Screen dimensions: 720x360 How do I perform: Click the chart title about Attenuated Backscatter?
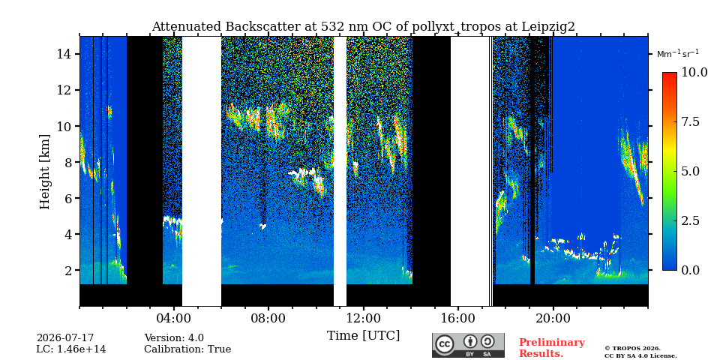click(363, 27)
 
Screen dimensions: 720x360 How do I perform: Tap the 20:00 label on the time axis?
click(553, 318)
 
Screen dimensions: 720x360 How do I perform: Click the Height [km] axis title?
click(44, 172)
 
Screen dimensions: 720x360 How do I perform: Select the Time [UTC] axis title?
click(363, 336)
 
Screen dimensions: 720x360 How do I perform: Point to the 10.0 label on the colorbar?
click(694, 73)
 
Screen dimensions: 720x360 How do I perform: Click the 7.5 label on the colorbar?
click(690, 122)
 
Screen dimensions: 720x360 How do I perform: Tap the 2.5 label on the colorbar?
click(690, 220)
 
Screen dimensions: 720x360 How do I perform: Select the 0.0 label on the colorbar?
click(690, 271)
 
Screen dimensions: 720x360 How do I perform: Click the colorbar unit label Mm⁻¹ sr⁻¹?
click(678, 54)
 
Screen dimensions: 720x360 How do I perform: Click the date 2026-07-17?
click(65, 338)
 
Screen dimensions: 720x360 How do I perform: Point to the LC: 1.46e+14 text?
click(71, 349)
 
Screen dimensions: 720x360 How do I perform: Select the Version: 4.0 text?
click(174, 338)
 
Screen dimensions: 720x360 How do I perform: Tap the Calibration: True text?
click(187, 349)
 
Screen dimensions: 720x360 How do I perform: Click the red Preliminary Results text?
click(552, 348)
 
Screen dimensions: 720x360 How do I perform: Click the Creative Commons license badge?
click(468, 345)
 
